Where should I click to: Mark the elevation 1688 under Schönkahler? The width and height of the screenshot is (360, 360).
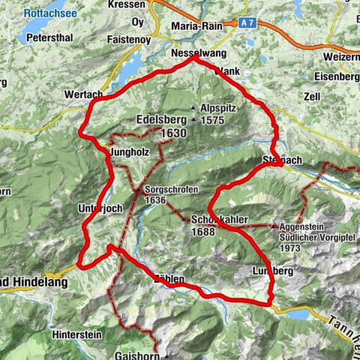(202, 232)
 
